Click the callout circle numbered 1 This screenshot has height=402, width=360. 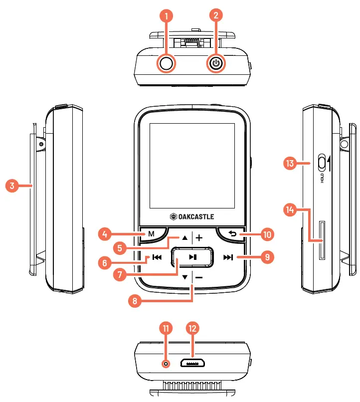167,15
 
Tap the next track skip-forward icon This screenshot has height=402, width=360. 228,257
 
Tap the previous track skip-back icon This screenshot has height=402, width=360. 157,257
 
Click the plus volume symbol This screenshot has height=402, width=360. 199,238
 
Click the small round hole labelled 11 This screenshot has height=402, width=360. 167,364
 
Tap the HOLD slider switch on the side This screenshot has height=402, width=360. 322,162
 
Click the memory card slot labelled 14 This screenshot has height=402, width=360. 322,241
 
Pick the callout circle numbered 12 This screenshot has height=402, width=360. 192,328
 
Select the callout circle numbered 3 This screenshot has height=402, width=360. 12,186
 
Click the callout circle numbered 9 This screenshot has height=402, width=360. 268,257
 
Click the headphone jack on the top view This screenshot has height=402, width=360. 167,63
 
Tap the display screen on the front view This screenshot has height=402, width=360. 192,166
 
